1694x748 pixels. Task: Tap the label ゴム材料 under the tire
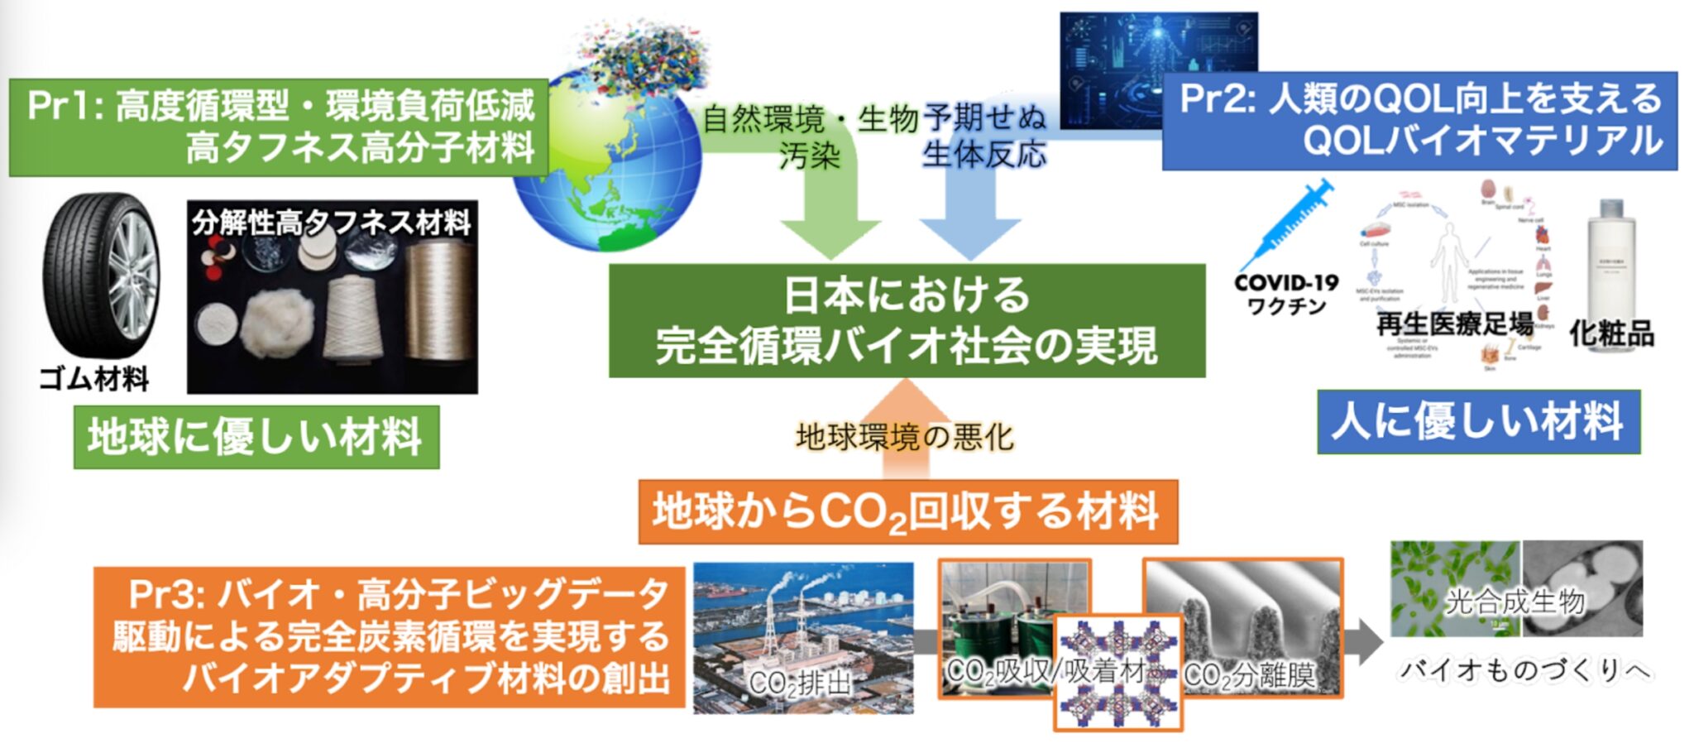pyautogui.click(x=94, y=380)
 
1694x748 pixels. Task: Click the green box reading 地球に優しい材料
pyautogui.click(x=256, y=436)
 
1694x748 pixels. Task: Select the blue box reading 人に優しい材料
pyautogui.click(x=1478, y=421)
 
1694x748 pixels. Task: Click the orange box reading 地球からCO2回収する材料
pyautogui.click(x=907, y=511)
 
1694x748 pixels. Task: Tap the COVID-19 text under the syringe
pyautogui.click(x=1286, y=283)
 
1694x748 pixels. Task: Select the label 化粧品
pyautogui.click(x=1611, y=333)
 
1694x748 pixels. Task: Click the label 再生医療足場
pyautogui.click(x=1454, y=324)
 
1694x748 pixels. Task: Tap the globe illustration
pyautogui.click(x=608, y=161)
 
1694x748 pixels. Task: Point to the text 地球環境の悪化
pyautogui.click(x=904, y=437)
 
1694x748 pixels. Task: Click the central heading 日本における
pyautogui.click(x=907, y=295)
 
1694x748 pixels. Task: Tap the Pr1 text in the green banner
pyautogui.click(x=62, y=106)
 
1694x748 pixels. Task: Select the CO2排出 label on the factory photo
pyautogui.click(x=799, y=683)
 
